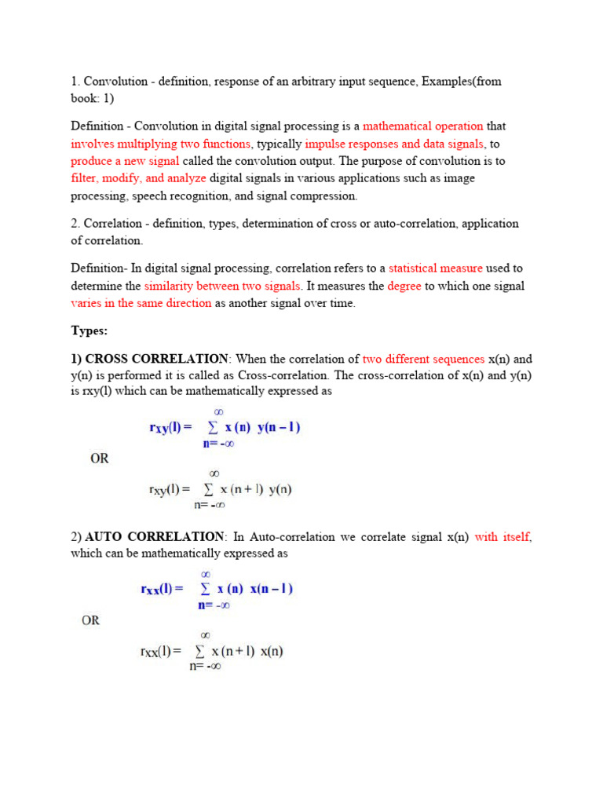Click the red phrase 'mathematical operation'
[423, 126]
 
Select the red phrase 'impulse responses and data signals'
[395, 144]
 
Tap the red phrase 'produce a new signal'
[125, 161]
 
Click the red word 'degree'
[404, 287]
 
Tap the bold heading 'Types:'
[90, 331]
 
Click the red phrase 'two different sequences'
[423, 359]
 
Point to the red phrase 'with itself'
[502, 537]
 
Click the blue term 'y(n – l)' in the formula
[279, 428]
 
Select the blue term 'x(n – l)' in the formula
[271, 589]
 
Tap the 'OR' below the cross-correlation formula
[100, 459]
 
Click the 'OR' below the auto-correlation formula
[91, 620]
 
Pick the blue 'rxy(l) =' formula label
[170, 429]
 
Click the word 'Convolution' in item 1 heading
[115, 82]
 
